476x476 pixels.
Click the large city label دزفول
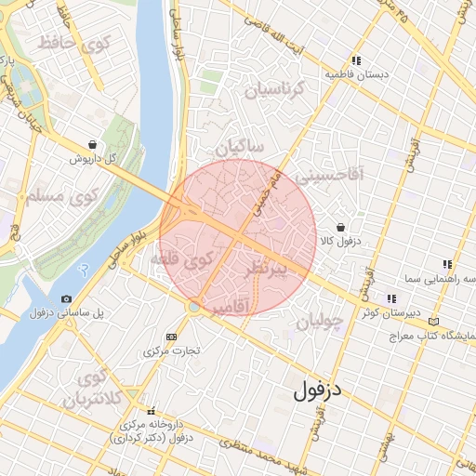point(317,390)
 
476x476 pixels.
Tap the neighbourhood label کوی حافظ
point(72,43)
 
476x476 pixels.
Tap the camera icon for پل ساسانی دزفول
point(66,298)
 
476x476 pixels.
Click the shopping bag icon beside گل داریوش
point(92,144)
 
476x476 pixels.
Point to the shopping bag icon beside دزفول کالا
point(340,227)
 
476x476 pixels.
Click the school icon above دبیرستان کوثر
point(390,298)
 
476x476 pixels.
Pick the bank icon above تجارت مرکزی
point(170,337)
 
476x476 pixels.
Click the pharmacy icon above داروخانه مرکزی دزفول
point(151,411)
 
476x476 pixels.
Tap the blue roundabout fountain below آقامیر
point(192,306)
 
